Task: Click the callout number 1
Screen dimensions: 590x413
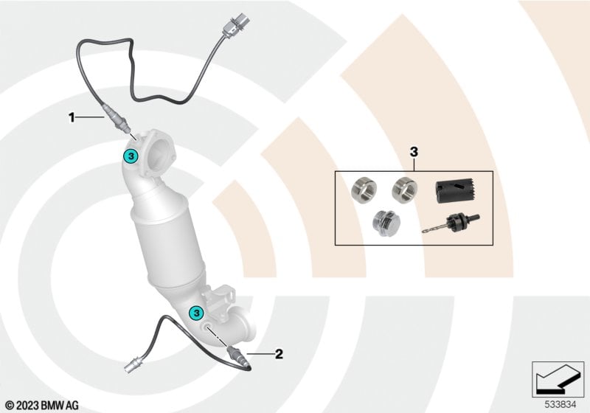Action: [x=72, y=118]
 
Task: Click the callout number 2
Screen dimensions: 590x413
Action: [x=279, y=354]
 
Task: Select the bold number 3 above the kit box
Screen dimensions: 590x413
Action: [x=414, y=153]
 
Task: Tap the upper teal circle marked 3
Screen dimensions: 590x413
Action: [x=131, y=156]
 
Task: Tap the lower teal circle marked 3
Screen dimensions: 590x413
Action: [x=196, y=312]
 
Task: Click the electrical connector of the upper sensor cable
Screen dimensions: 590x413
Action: [x=233, y=25]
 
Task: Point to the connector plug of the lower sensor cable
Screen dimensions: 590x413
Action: [x=133, y=366]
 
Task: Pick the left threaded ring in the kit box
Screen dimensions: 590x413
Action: [x=364, y=189]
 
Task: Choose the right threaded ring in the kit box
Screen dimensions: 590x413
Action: [x=404, y=188]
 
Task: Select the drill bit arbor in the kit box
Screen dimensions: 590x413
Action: [x=451, y=223]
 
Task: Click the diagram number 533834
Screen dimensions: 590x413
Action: [x=560, y=405]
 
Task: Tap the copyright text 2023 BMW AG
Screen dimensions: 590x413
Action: [x=43, y=406]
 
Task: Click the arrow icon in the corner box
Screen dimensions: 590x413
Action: [x=558, y=379]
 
